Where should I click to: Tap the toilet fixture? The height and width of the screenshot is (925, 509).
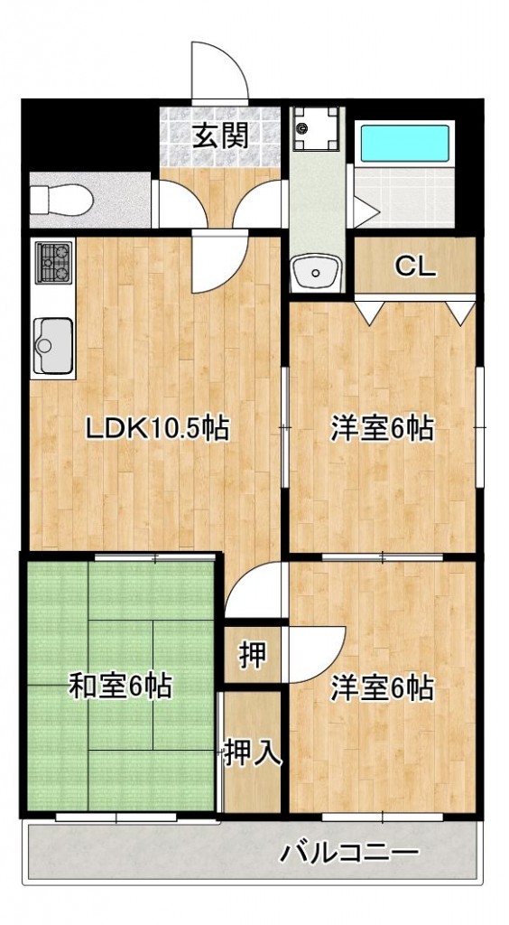[x=59, y=197]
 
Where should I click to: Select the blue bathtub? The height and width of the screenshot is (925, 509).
[x=404, y=143]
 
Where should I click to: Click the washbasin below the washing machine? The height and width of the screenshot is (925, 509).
[x=317, y=269]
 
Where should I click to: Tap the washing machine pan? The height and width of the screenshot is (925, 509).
[x=318, y=129]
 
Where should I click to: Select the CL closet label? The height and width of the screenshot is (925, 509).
[x=415, y=266]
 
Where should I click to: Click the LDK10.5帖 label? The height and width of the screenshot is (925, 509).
[x=156, y=427]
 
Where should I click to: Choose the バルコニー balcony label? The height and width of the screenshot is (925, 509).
[x=348, y=852]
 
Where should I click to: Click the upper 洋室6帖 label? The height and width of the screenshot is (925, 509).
[x=381, y=427]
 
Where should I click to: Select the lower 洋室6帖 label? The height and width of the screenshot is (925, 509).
[x=381, y=688]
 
